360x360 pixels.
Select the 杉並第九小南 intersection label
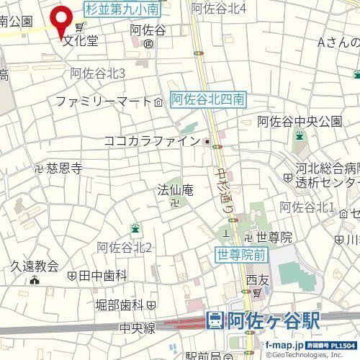click(122, 9)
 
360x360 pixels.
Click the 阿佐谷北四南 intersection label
click(210, 100)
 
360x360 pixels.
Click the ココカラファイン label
click(151, 141)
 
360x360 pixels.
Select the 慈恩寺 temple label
click(64, 168)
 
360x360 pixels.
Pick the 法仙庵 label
click(176, 191)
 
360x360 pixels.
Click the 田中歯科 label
click(102, 275)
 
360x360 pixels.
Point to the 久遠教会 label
click(34, 266)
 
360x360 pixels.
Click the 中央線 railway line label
click(138, 328)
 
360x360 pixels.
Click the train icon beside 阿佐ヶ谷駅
click(215, 321)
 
